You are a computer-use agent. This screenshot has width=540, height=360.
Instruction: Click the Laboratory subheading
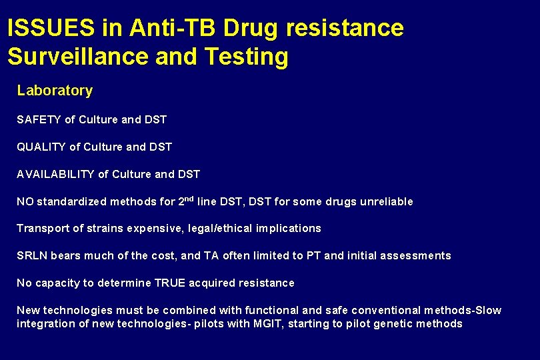click(x=55, y=91)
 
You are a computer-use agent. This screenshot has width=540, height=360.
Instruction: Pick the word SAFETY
click(x=39, y=120)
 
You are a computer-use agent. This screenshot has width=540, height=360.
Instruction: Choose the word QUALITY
click(x=41, y=147)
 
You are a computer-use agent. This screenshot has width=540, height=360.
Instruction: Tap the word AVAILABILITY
click(x=55, y=175)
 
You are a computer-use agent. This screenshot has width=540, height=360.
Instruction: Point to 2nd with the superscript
click(x=187, y=200)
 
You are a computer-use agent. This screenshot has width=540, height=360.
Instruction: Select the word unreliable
click(x=387, y=201)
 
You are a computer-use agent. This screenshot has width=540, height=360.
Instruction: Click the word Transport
click(x=43, y=229)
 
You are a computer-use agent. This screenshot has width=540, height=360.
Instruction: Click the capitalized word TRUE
click(x=169, y=283)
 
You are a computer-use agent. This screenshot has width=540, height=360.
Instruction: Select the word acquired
click(x=211, y=283)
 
